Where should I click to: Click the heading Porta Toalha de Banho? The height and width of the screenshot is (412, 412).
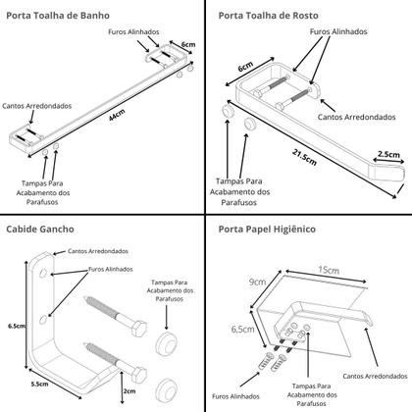pos(58,16)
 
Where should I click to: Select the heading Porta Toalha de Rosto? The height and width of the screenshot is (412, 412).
pos(268,16)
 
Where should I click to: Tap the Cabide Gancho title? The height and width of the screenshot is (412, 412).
pos(40,229)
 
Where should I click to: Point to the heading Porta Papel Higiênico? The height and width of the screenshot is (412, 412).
pos(267,229)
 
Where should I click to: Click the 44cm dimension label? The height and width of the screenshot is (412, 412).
pos(117,115)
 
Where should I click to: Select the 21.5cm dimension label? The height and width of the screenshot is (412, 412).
pos(305,157)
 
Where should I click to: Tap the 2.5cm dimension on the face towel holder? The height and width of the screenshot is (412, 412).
pos(388,154)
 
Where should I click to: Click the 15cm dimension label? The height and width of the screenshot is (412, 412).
pos(329,270)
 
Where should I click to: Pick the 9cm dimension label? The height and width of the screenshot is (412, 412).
pos(257,282)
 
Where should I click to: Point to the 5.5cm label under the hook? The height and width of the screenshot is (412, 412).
pos(39,384)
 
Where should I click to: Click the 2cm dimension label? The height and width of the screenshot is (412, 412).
pos(129,391)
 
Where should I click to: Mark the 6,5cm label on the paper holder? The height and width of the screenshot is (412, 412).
pos(242,330)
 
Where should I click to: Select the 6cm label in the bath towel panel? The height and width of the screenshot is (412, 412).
pos(188,44)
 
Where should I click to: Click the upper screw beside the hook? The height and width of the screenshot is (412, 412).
pos(116,316)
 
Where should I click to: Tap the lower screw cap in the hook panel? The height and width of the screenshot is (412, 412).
pos(166,391)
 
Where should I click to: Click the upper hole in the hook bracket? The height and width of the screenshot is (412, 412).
pos(43,273)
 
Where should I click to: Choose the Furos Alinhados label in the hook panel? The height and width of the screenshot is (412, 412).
pos(111,269)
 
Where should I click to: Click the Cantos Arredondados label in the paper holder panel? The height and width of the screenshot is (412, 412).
pos(375,376)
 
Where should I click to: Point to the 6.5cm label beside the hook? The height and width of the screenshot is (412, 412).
pos(17,326)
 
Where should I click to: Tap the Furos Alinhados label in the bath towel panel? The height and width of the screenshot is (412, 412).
pos(133,32)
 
